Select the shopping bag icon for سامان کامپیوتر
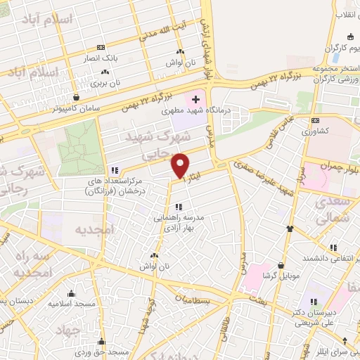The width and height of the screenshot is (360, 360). (76, 98)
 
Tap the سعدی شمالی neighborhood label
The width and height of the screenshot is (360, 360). (338, 211)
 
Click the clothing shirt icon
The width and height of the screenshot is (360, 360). (289, 229)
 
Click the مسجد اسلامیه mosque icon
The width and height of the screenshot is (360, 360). (70, 294)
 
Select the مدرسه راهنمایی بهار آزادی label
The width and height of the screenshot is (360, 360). (179, 223)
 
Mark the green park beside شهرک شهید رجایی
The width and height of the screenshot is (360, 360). (79, 148)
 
